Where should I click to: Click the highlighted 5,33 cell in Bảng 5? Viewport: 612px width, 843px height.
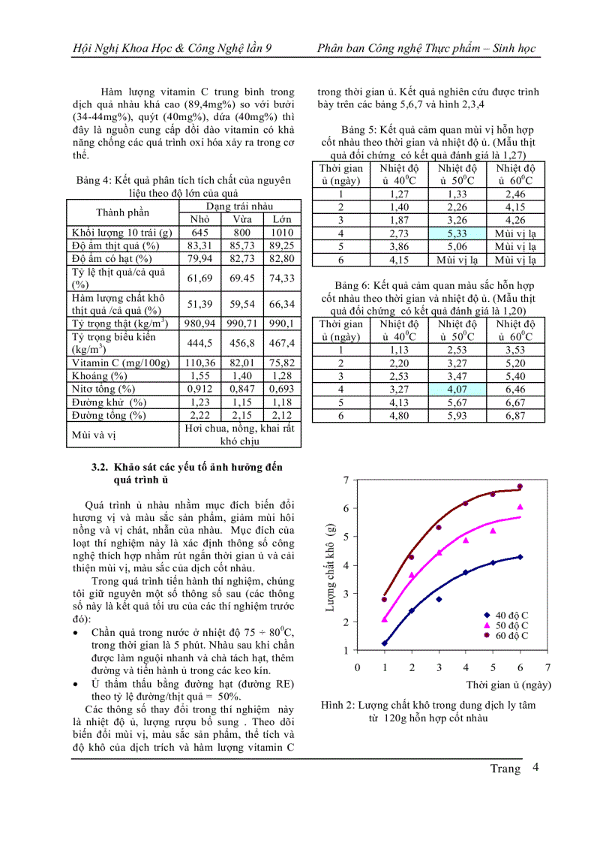click(457, 233)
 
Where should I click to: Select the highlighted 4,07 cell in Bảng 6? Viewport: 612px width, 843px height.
click(457, 390)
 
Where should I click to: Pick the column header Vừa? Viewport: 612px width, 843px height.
click(242, 219)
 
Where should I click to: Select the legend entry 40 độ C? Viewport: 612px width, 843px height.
click(511, 616)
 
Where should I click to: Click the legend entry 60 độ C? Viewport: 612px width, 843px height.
click(511, 635)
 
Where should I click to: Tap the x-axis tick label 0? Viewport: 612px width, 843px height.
click(358, 667)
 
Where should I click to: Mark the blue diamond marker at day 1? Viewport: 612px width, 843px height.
click(385, 643)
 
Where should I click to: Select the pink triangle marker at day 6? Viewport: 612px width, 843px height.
click(520, 507)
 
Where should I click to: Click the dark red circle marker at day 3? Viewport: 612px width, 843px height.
click(439, 527)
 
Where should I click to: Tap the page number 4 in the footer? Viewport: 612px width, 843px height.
click(535, 767)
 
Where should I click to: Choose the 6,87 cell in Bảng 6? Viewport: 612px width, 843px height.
click(514, 416)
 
